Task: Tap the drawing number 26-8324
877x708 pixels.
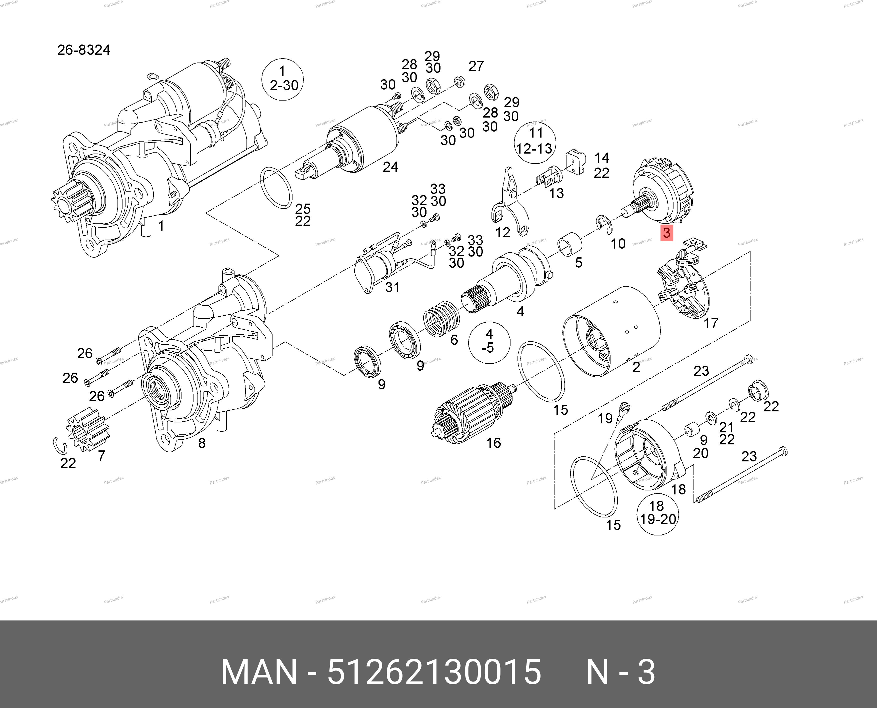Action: [x=83, y=50]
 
